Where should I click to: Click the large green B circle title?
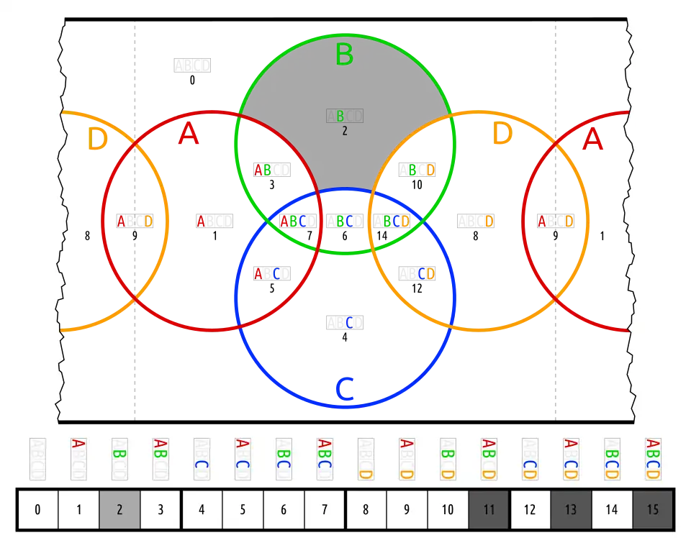[344, 55]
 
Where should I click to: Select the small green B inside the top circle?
[340, 116]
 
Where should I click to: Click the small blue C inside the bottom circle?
[350, 322]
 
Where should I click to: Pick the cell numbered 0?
[37, 510]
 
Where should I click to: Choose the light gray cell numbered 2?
[119, 510]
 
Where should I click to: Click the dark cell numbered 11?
[489, 510]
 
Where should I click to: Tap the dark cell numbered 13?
[571, 510]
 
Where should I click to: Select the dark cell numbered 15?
[653, 510]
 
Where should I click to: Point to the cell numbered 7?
[325, 510]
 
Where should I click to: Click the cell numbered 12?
[530, 510]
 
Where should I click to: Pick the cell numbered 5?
[243, 510]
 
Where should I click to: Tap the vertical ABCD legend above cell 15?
[653, 460]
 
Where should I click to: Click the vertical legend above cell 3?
[161, 460]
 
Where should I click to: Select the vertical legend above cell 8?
[366, 460]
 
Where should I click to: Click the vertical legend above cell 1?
[78, 460]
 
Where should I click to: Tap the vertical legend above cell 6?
[284, 460]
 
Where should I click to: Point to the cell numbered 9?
[407, 510]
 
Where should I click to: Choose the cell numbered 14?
[612, 510]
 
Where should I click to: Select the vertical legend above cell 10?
[448, 460]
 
